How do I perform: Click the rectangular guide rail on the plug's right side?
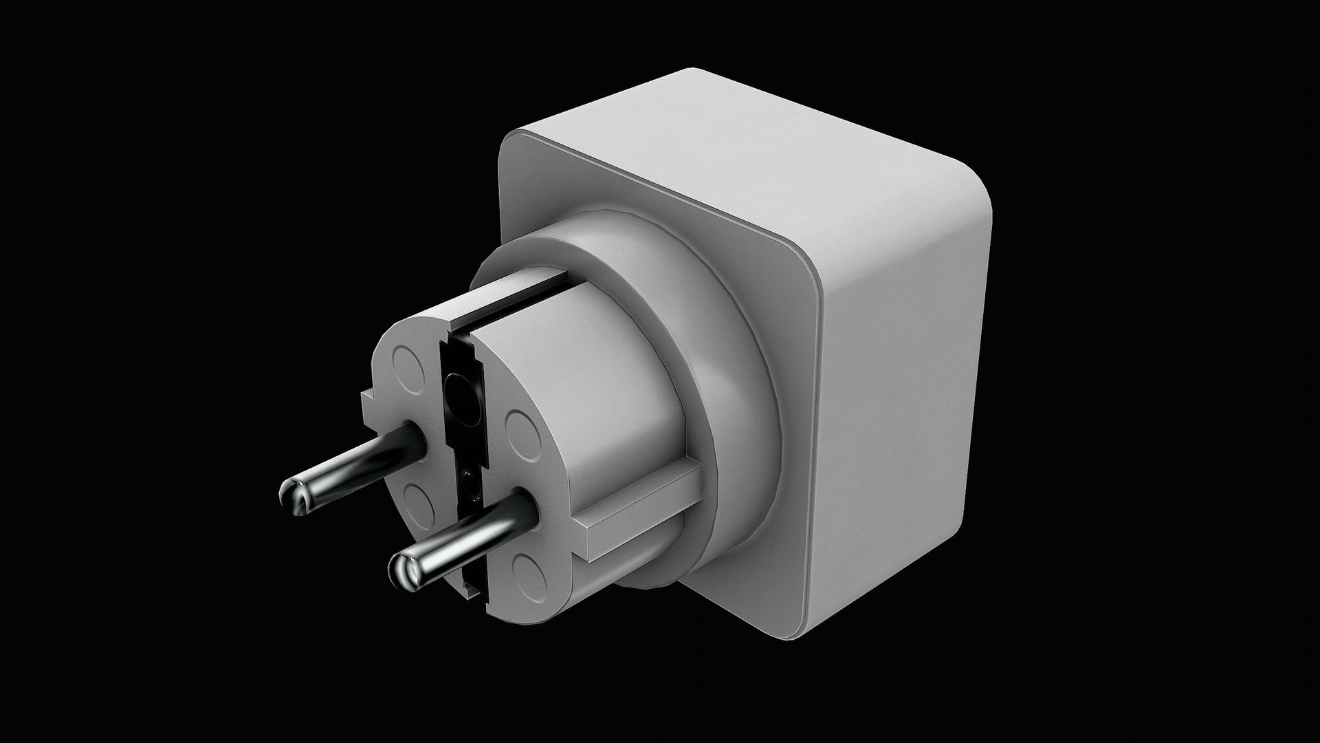[639, 513]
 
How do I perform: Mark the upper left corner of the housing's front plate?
[509, 144]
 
